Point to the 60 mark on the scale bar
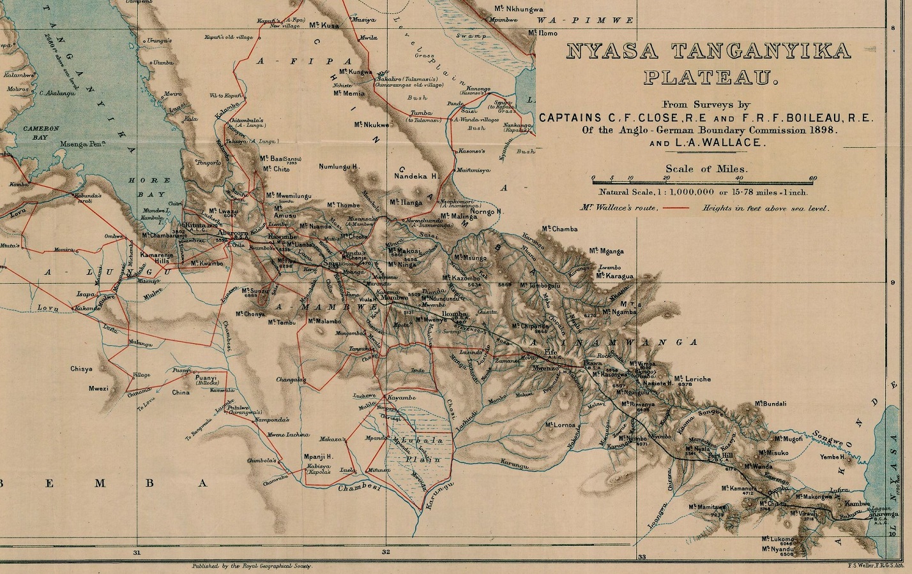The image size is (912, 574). (x=812, y=179)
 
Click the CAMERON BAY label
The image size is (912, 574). (x=41, y=132)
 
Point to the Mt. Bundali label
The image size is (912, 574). (x=770, y=404)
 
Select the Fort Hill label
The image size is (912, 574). (x=720, y=456)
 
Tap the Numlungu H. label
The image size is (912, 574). (x=339, y=166)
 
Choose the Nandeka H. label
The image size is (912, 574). (x=415, y=175)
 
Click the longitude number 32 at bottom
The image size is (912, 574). (x=386, y=552)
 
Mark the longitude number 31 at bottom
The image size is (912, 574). (x=136, y=552)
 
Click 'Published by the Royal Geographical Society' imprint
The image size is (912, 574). (x=252, y=566)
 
